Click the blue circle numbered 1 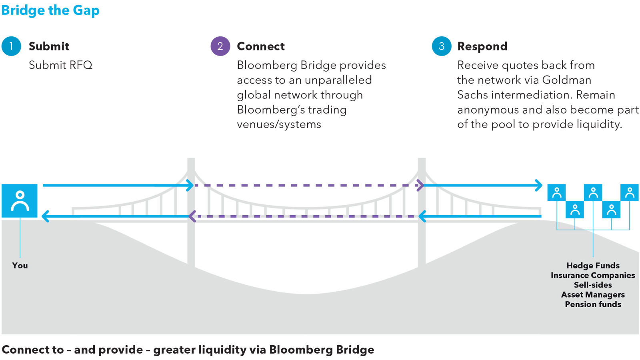click(11, 46)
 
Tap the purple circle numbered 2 click(220, 46)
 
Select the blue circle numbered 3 click(441, 46)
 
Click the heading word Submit click(49, 46)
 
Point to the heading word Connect click(260, 46)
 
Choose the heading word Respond click(482, 46)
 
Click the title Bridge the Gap click(50, 10)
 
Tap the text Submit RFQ click(60, 65)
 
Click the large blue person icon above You click(20, 201)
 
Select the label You click(20, 266)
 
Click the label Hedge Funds click(593, 266)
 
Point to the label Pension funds click(593, 304)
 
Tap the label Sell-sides click(593, 285)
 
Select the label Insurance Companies click(593, 275)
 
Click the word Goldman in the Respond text click(566, 80)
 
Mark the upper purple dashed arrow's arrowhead click(420, 185)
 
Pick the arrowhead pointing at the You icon click(45, 216)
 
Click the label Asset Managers click(593, 295)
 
